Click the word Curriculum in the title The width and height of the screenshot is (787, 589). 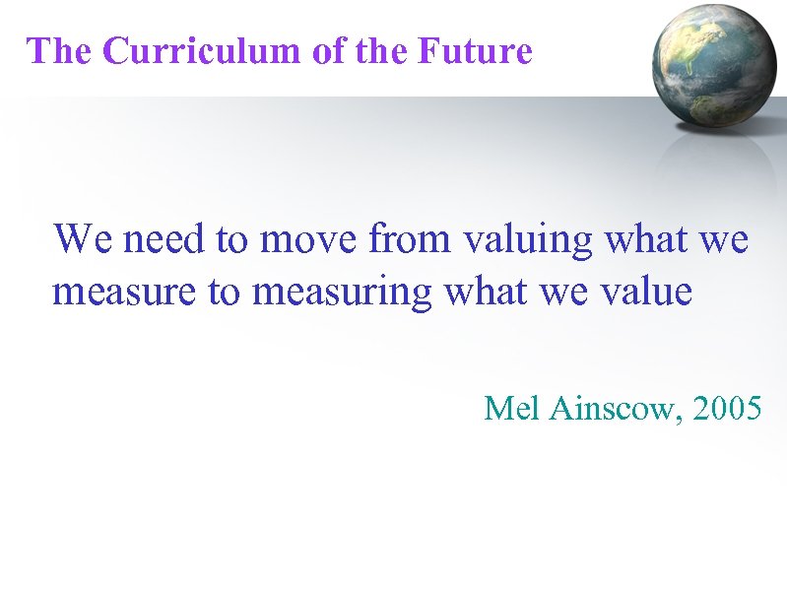[202, 50]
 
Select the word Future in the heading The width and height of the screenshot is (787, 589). [475, 50]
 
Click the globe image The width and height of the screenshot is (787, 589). [714, 65]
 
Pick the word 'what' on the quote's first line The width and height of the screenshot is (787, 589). [637, 238]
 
